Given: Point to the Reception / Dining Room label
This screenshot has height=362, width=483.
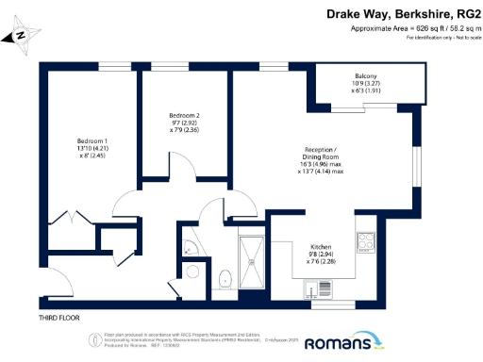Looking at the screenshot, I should point(320,154).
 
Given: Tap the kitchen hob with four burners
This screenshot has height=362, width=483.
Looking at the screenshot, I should point(364,244).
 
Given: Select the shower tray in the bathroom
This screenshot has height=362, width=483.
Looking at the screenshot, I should point(252,257).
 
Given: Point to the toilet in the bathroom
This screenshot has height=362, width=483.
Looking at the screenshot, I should point(225,279).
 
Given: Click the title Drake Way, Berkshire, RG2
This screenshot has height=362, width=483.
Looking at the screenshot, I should point(396,14).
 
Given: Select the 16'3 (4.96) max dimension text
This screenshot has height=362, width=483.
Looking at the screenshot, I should point(320,162).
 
